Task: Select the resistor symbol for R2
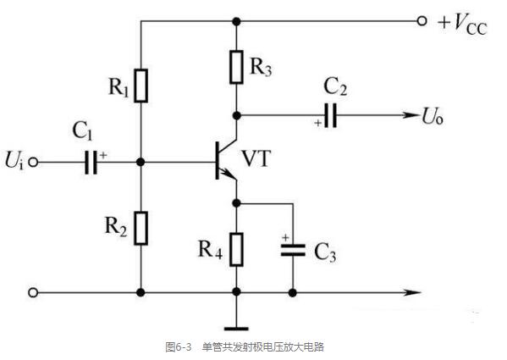[x=141, y=227]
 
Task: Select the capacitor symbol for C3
[x=293, y=249]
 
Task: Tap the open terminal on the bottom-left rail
[x=33, y=293]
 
